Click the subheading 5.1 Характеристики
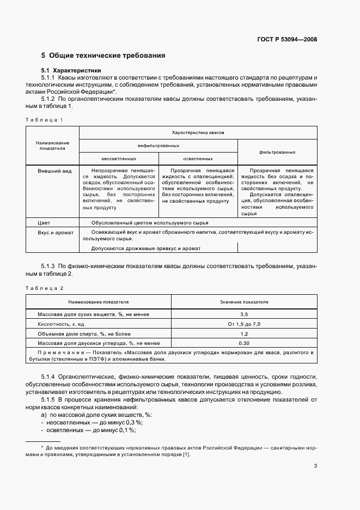click(71, 71)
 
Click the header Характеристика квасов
click(198, 132)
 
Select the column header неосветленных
click(119, 159)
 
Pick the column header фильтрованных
click(277, 153)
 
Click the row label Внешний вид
click(54, 171)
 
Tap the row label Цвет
click(44, 223)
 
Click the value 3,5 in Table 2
click(244, 314)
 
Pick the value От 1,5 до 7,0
click(244, 324)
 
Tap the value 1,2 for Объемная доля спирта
click(244, 333)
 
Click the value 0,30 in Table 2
click(244, 343)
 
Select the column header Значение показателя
click(244, 301)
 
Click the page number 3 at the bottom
click(315, 466)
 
